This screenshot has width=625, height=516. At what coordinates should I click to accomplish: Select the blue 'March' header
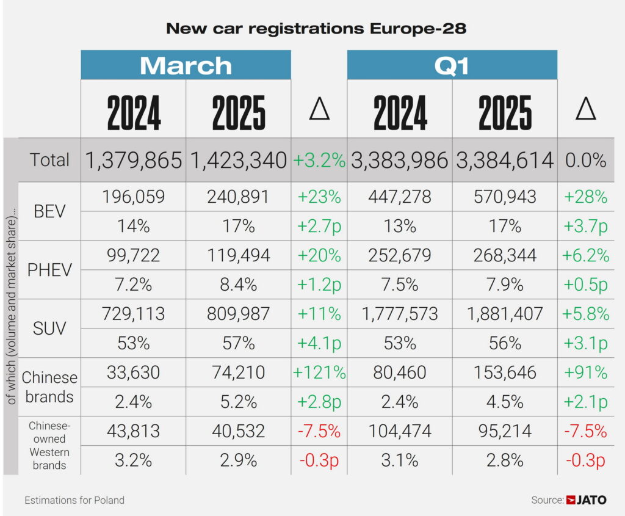point(186,65)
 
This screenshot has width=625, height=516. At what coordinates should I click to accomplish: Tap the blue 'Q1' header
point(452,65)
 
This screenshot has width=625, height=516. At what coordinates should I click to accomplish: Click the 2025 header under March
point(239,112)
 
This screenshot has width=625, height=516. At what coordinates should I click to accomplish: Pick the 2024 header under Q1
point(400,112)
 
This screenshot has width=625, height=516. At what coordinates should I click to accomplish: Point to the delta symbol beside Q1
point(585,109)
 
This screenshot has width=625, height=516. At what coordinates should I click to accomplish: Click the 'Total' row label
point(49,160)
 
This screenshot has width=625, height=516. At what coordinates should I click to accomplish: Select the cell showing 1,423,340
point(239,161)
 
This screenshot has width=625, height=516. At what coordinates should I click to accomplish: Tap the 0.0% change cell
point(585,161)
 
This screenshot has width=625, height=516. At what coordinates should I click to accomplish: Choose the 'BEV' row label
point(49,211)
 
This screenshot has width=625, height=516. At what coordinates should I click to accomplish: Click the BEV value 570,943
point(505,197)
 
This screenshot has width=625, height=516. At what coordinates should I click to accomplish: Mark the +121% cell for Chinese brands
point(319,372)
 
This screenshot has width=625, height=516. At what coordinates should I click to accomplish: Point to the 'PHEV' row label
point(49,270)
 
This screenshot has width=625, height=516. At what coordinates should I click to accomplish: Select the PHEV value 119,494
point(239,255)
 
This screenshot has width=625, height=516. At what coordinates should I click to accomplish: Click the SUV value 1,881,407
point(505,314)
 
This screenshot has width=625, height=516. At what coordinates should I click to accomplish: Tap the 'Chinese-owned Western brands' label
point(49,446)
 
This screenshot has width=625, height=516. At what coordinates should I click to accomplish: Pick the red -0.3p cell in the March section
point(319,460)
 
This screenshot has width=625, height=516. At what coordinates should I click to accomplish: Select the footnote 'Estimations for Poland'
point(74,500)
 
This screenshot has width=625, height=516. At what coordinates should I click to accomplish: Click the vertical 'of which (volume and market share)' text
point(11,305)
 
